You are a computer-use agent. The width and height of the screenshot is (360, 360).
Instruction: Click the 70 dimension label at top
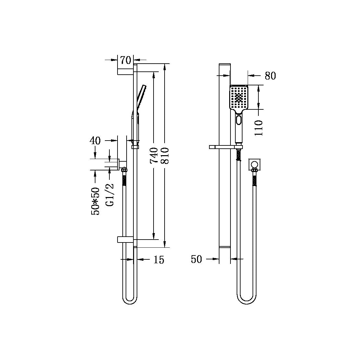tap(125, 60)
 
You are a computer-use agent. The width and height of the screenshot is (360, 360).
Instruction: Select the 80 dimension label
tap(270, 76)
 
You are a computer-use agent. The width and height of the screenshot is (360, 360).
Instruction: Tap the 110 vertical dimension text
tap(258, 128)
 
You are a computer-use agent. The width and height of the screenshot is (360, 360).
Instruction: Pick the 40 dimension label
tap(95, 141)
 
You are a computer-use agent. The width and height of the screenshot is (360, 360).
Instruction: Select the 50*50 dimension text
tap(95, 201)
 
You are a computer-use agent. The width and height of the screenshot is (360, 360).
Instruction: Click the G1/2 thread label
tap(110, 194)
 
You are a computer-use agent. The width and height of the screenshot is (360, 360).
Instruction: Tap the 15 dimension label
tap(159, 260)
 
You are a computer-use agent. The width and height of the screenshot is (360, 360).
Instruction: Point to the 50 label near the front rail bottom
tap(196, 259)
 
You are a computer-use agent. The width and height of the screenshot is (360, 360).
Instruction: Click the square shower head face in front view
tap(239, 97)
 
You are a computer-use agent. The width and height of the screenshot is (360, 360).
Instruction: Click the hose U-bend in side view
tap(129, 300)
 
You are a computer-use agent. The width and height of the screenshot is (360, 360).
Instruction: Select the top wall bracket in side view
tap(125, 72)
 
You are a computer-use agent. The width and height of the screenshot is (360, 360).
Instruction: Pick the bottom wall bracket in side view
tap(125, 240)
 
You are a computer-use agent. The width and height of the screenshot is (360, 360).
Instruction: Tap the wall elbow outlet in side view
tap(122, 165)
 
